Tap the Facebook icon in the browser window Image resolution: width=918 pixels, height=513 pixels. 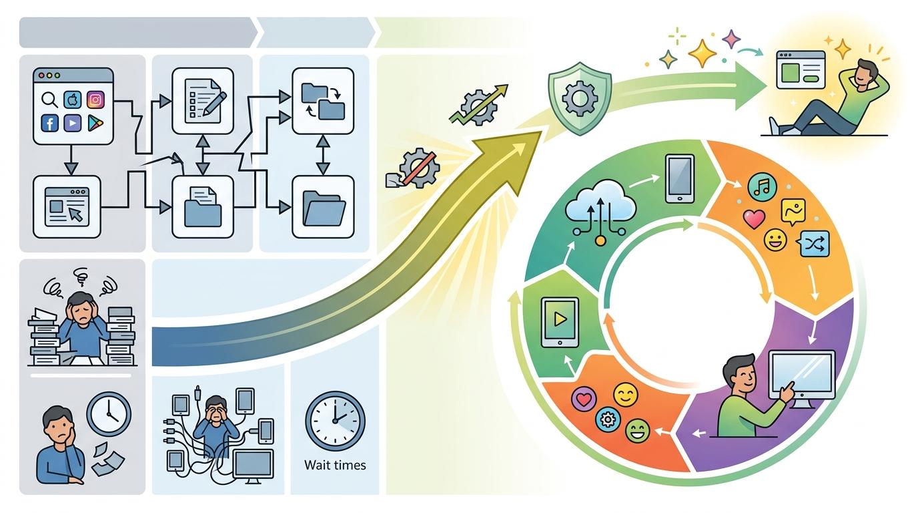(49, 122)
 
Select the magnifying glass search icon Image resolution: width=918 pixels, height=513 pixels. (49, 100)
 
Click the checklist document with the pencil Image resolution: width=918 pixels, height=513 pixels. (202, 100)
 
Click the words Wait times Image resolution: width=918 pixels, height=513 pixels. (335, 464)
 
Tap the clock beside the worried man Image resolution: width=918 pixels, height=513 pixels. (109, 414)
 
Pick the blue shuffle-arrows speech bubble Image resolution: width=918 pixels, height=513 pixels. (815, 244)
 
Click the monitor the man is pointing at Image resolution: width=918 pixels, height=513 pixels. (802, 377)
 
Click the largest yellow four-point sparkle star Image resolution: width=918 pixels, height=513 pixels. (702, 53)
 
